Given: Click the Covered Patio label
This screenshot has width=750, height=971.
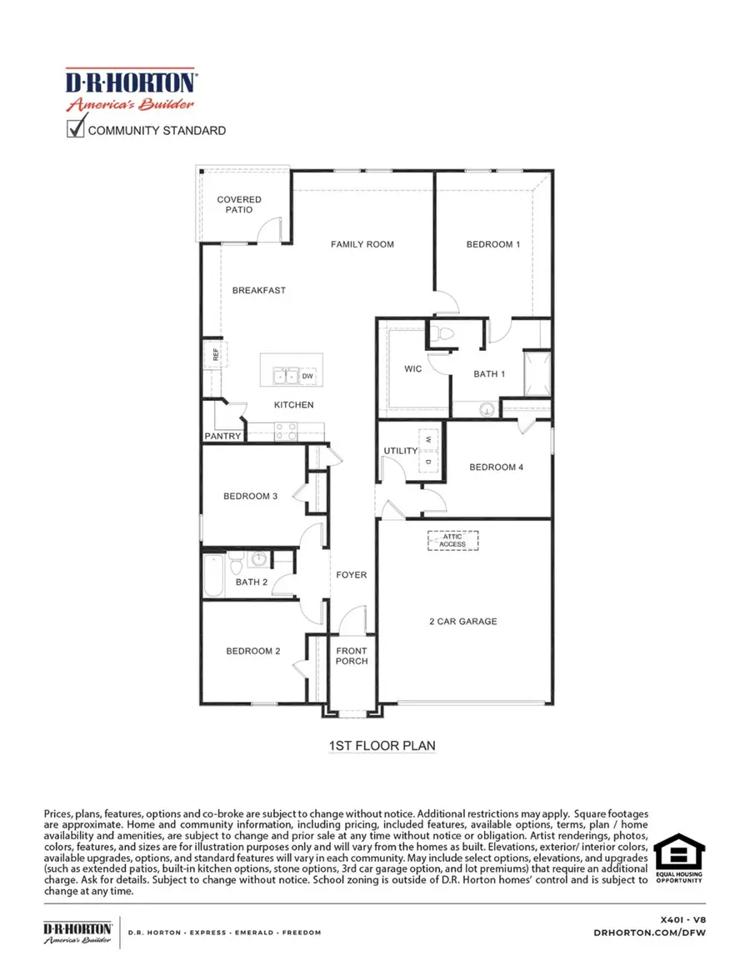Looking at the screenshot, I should [239, 205].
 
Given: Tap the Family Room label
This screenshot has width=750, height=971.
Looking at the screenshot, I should [362, 244].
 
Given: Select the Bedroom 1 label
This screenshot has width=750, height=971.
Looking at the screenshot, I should [492, 244].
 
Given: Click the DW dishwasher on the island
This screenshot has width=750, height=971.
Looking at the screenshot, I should [307, 377].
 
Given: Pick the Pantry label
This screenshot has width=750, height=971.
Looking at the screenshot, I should [222, 436].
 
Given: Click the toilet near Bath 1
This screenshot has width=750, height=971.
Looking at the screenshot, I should [442, 334].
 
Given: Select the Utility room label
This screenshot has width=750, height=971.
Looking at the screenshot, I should [400, 451].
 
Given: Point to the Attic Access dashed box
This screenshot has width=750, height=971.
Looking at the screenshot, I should [453, 540].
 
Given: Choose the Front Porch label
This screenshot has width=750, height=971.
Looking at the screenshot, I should [352, 656].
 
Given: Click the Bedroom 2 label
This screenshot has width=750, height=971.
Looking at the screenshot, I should [252, 651].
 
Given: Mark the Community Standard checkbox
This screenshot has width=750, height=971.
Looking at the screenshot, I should [76, 128].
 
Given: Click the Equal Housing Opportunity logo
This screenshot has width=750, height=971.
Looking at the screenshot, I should [678, 859].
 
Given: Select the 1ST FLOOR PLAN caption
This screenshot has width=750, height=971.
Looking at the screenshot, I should [382, 745].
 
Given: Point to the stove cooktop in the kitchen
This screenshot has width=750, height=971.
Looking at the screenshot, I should [285, 430].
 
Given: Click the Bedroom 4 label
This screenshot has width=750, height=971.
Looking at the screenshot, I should [496, 467].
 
